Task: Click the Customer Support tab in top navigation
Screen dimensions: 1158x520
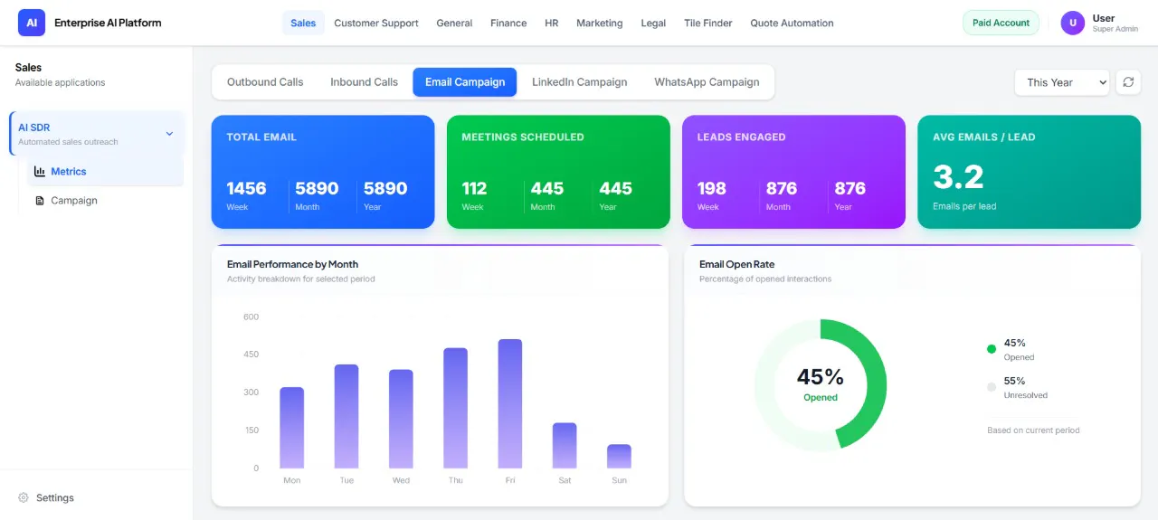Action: click(x=375, y=23)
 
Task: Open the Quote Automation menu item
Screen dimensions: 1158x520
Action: click(x=792, y=23)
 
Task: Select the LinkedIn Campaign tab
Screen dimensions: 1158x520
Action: click(x=579, y=82)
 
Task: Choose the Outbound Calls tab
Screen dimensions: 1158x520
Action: click(x=265, y=82)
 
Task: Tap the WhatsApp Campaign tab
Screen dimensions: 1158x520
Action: click(x=707, y=82)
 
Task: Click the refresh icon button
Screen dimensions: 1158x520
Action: click(x=1128, y=82)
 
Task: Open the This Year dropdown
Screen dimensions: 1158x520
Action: click(x=1062, y=82)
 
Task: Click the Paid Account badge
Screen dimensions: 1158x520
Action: click(x=1001, y=23)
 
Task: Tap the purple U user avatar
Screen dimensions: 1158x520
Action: click(x=1073, y=23)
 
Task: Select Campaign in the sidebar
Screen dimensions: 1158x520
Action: click(x=74, y=201)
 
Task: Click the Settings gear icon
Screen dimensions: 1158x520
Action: click(x=24, y=497)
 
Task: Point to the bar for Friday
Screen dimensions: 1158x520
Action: click(x=509, y=403)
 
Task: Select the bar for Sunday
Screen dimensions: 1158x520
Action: click(x=619, y=457)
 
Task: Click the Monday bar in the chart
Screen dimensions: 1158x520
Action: click(x=291, y=428)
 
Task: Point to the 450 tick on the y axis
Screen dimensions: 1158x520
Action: click(x=251, y=355)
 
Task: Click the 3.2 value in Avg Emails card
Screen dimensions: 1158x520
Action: click(x=958, y=176)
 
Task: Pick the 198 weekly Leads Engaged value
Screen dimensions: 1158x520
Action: click(x=711, y=188)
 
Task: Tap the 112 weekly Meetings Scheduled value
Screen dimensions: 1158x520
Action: click(x=474, y=188)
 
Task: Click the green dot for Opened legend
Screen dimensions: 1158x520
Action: click(x=991, y=349)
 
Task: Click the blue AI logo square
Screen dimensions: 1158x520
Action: click(x=32, y=23)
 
